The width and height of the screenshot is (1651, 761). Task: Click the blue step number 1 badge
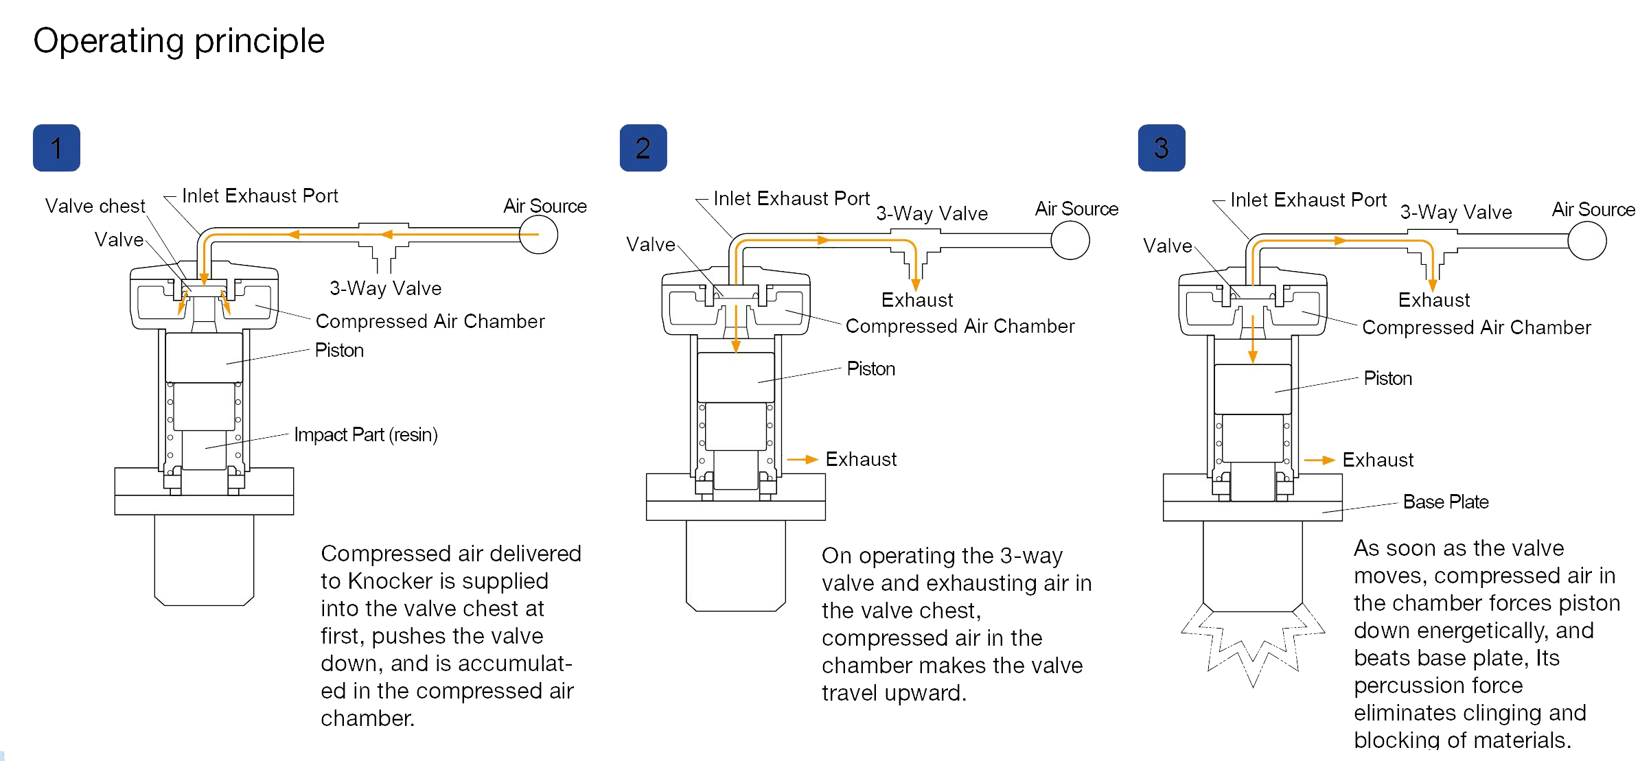coord(56,148)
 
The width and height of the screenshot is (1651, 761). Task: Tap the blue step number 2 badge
coord(643,148)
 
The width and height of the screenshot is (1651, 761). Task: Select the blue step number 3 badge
coord(1162,148)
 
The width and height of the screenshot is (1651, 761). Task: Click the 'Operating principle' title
coord(178,41)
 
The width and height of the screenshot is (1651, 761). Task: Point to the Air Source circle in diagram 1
coord(538,235)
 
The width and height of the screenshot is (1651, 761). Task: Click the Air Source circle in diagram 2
coord(1070,241)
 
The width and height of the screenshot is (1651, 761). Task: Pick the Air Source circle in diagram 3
coord(1587,241)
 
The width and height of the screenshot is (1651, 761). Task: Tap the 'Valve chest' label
coord(95,206)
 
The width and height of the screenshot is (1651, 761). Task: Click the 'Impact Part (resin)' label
coord(366,434)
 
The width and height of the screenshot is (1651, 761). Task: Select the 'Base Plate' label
coord(1446,502)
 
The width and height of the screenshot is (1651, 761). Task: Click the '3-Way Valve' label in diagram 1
coord(385,288)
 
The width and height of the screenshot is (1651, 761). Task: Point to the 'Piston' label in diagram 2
coord(871,368)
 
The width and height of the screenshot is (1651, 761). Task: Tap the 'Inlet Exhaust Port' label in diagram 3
coord(1308,200)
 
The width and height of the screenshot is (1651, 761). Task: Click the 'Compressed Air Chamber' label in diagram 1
coord(430,321)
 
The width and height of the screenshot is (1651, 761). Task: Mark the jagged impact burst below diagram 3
coord(1253,645)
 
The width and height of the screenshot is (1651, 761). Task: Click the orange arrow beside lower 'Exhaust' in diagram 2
coord(803,459)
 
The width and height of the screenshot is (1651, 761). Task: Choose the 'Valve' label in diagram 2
coord(651,244)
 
